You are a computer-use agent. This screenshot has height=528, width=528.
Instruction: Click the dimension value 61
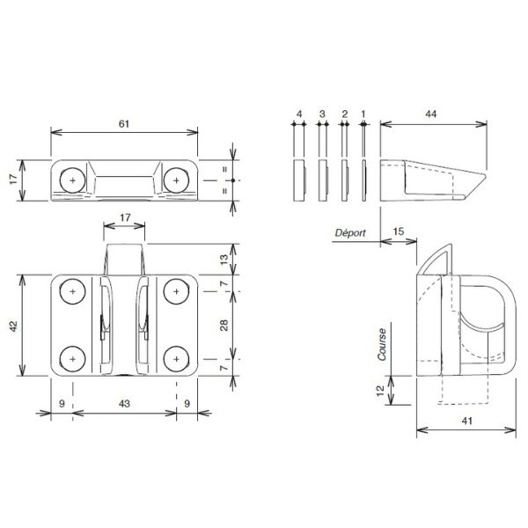[x=124, y=124]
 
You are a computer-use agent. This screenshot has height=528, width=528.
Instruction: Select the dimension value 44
[x=430, y=114]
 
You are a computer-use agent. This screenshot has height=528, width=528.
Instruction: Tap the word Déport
[x=350, y=232]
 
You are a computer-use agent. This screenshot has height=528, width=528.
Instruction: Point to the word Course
[x=382, y=344]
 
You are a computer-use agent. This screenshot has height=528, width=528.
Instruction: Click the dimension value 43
[x=124, y=403]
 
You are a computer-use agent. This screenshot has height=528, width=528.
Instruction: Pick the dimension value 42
[x=13, y=326]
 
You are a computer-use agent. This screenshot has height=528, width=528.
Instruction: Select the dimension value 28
[x=224, y=326]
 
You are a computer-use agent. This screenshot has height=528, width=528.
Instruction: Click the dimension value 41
[x=466, y=421]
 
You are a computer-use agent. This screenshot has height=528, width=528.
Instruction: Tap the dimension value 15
[x=399, y=231]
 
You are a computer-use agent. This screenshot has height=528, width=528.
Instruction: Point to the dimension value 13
[x=224, y=259]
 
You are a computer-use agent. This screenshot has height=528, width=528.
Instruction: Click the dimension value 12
[x=380, y=390]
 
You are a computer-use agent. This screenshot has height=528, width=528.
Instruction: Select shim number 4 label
[x=299, y=114]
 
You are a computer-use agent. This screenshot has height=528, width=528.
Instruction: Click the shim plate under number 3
[x=323, y=180]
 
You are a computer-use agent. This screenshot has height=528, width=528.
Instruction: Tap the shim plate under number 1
[x=364, y=180]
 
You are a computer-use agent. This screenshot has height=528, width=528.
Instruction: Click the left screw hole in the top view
[x=73, y=180]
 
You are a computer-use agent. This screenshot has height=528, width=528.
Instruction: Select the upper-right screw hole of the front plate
[x=176, y=291]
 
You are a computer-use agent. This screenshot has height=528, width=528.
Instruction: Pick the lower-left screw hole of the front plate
[x=73, y=359]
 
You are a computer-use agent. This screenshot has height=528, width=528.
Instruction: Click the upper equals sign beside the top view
[x=224, y=169]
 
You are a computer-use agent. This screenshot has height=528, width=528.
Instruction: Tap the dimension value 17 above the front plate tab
[x=125, y=217]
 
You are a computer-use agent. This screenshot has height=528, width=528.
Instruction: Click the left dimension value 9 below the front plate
[x=62, y=403]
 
